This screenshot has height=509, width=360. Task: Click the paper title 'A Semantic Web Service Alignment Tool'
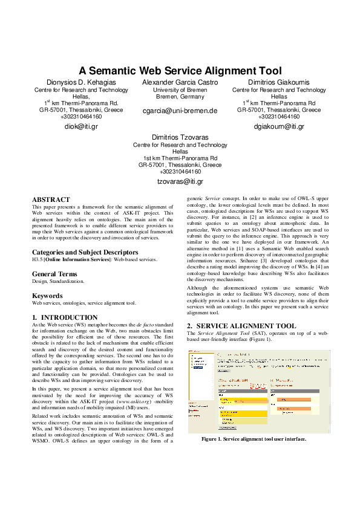click(x=180, y=71)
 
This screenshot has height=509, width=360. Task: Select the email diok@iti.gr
click(x=81, y=126)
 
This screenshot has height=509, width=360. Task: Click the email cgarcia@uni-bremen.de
click(x=180, y=111)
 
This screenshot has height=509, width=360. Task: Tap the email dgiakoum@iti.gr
click(x=279, y=126)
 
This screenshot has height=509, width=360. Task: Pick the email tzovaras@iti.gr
click(x=180, y=181)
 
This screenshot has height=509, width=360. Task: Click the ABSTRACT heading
click(x=51, y=199)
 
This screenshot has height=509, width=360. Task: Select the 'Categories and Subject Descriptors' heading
click(x=85, y=252)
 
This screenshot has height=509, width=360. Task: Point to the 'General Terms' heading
click(x=54, y=274)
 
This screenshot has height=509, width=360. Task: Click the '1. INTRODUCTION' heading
click(x=65, y=317)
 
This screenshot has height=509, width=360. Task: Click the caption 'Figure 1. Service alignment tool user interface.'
click(x=254, y=439)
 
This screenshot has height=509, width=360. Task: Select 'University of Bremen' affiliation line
click(x=180, y=90)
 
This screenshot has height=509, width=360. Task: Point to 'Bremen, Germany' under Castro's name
click(x=180, y=97)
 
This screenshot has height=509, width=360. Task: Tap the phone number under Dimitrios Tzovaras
click(x=180, y=172)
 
